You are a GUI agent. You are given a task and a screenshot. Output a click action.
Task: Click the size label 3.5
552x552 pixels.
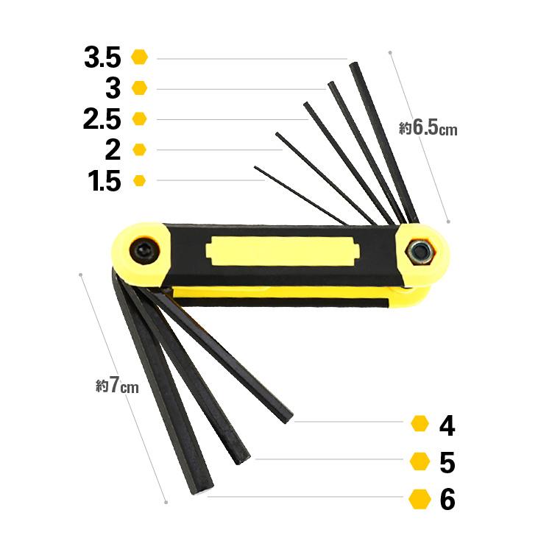pos(102,57)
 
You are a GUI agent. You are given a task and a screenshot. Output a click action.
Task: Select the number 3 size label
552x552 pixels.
pos(113,88)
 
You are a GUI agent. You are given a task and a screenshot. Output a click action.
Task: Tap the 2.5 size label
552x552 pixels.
pos(102,119)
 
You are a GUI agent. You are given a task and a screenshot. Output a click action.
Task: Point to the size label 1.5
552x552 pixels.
pos(105,181)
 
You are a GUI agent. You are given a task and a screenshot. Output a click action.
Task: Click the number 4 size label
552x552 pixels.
pos(447,425)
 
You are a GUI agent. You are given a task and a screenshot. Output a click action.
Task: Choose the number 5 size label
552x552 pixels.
pos(447,462)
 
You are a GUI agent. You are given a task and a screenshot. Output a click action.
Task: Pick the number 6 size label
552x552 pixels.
pos(447,499)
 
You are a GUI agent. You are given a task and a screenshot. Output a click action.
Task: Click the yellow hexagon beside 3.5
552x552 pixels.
pos(139,57)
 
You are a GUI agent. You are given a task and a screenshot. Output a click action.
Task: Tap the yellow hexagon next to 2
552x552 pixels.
pos(139,149)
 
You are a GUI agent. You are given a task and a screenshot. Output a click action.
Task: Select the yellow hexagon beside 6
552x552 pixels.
pos(420,499)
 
